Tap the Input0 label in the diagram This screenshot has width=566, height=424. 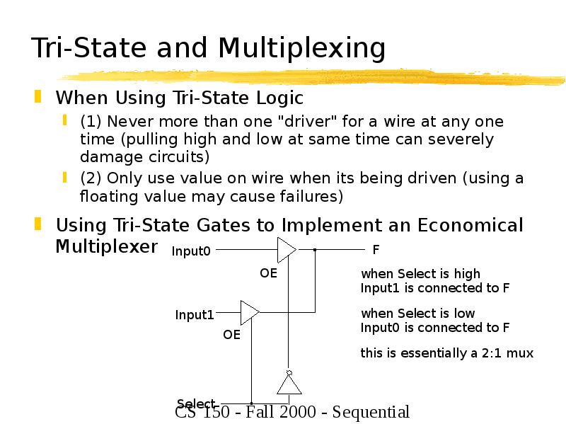[191, 251]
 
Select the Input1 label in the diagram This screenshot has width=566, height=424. [195, 315]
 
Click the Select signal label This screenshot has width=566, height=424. [196, 404]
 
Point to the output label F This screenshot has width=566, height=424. [376, 250]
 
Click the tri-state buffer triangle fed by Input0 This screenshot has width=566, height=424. [286, 249]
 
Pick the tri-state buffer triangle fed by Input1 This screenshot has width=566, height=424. [250, 312]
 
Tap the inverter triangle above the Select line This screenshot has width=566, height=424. [289, 384]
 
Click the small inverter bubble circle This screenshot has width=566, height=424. [289, 372]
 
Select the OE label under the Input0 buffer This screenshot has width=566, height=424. [268, 273]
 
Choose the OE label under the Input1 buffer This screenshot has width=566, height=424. [232, 335]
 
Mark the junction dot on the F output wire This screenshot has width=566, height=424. [315, 249]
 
